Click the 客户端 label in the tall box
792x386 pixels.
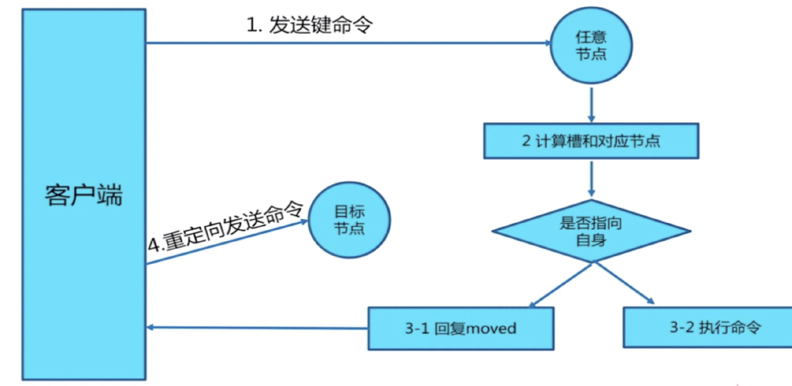pos(84,195)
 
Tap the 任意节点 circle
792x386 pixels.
pos(591,46)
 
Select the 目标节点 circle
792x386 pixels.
pos(349,220)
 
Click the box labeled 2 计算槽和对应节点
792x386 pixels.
pos(591,141)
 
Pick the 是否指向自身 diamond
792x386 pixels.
pos(591,231)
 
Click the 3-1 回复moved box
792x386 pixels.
pos(461,328)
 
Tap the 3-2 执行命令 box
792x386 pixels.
pos(707,327)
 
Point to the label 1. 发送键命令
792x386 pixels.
pos(309,25)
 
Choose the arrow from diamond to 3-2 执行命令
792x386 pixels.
pos(624,283)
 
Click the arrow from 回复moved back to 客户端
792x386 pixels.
pos(257,327)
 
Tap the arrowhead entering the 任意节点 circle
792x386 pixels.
pos(548,43)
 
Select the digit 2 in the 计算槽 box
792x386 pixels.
pos(526,141)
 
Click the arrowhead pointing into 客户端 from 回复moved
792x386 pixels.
pos(150,327)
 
